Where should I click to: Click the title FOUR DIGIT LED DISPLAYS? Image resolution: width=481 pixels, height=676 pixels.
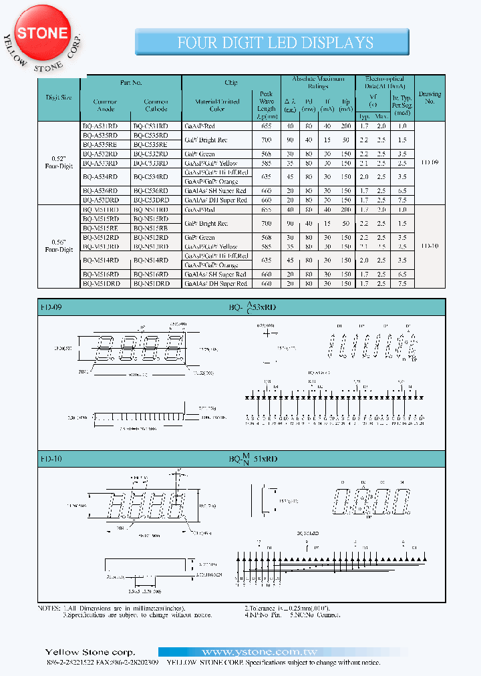point(275,43)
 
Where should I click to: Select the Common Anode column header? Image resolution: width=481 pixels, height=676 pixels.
point(106,105)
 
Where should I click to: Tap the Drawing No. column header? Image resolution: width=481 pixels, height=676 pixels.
point(430,98)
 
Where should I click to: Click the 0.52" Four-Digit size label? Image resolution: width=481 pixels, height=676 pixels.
point(61,162)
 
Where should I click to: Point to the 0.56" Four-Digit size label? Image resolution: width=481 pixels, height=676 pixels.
point(61,246)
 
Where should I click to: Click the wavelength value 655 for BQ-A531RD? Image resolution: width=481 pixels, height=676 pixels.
point(266,126)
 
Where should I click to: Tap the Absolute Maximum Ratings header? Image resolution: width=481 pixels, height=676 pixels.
point(318,82)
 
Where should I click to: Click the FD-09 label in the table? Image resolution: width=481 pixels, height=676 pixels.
point(430,162)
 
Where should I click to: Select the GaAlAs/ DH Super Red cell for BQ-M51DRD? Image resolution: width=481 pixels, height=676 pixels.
point(216,284)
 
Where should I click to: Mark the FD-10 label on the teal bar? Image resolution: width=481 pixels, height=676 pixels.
point(50,459)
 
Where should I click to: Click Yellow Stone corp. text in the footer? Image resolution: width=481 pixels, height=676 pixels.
point(90,652)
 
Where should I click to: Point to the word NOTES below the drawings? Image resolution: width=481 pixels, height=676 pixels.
point(49,609)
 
